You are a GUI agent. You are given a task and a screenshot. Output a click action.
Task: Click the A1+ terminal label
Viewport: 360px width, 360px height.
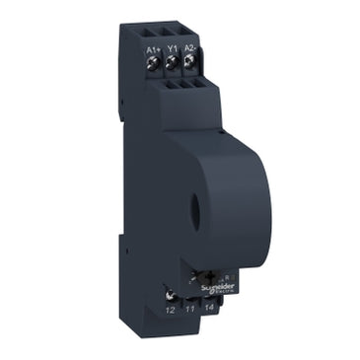pos(152,47)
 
